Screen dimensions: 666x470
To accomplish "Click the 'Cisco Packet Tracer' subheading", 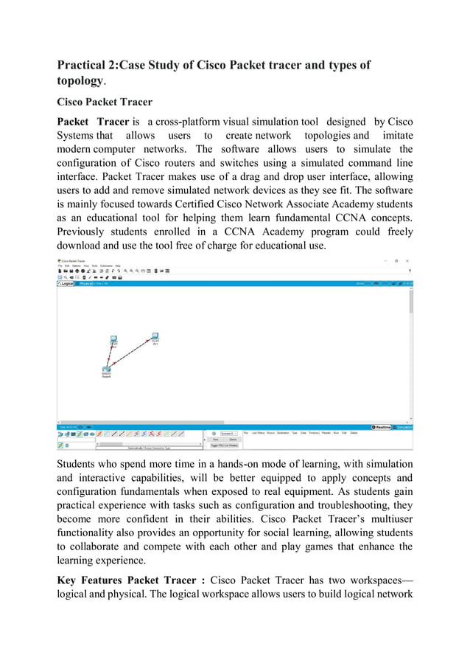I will tap(108, 103).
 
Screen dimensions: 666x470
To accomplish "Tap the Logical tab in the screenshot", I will tap(67, 283).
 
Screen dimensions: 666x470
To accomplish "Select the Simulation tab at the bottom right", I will tap(404, 427).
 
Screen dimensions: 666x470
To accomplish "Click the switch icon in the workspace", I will tap(106, 370).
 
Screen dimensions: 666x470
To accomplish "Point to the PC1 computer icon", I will tap(155, 336).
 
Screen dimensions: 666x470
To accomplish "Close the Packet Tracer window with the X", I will tap(409, 260).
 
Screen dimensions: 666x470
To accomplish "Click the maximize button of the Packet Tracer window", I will tap(396, 260).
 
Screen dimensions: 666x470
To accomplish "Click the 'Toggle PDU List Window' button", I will tap(223, 445).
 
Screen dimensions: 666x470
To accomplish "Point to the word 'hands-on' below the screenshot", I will tap(256, 463).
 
